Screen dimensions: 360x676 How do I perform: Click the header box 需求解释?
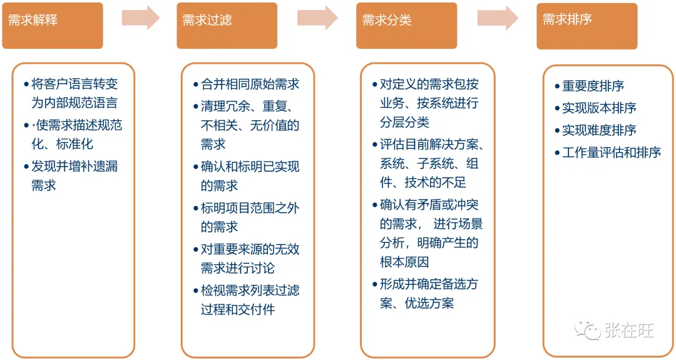[53, 26]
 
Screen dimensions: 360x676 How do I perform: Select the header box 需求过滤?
[227, 26]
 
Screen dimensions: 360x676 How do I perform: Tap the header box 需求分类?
[406, 26]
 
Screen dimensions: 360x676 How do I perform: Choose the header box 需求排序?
[586, 26]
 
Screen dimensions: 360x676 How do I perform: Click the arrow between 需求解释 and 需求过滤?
[140, 18]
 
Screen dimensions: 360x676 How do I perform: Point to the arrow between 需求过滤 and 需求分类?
[317, 18]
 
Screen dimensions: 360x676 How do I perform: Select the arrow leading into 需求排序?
[498, 18]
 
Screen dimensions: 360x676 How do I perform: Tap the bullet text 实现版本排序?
[599, 108]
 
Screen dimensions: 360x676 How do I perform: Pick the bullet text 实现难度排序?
[599, 130]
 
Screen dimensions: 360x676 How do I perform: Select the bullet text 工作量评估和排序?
[612, 152]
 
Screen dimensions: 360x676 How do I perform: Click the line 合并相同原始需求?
[250, 85]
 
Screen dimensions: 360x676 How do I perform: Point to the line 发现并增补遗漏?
[74, 166]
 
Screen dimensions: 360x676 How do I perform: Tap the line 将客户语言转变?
[74, 84]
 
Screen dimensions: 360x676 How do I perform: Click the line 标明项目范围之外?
[250, 208]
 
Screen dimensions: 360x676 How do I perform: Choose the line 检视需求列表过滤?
[250, 290]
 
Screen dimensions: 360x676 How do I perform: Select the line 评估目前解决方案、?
[432, 145]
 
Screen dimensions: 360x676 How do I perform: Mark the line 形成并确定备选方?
[429, 284]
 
